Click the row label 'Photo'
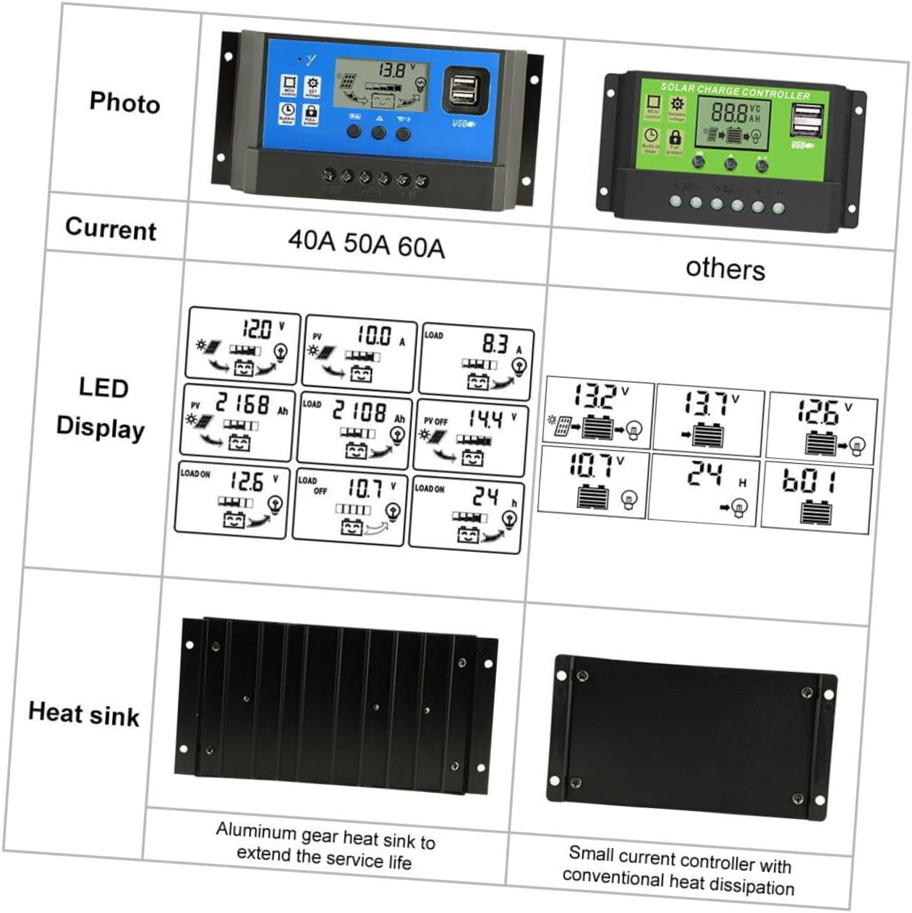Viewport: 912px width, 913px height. click(x=124, y=103)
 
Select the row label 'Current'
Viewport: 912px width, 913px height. click(x=111, y=229)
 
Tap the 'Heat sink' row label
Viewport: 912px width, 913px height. click(x=83, y=713)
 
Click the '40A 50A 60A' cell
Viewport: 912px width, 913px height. click(x=366, y=243)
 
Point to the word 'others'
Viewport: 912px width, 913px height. click(x=725, y=268)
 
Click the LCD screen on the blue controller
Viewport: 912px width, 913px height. click(x=381, y=85)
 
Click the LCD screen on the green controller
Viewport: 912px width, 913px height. click(x=732, y=121)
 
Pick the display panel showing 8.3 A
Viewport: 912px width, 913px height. click(x=477, y=362)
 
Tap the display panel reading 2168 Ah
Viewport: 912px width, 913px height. click(x=237, y=423)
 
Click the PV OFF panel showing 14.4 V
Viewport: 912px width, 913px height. click(x=470, y=438)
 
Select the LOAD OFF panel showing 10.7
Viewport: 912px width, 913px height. click(x=349, y=506)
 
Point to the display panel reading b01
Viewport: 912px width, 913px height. click(x=817, y=497)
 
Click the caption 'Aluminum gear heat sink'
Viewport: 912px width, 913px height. click(x=325, y=846)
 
